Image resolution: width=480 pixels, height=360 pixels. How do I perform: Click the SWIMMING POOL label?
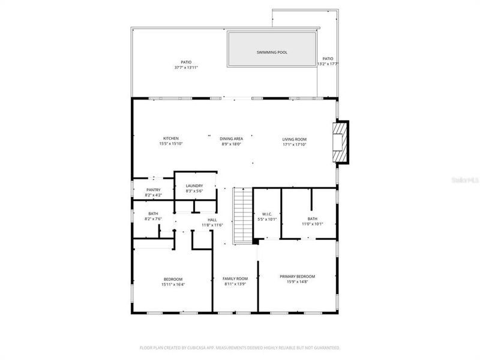pos(272,52)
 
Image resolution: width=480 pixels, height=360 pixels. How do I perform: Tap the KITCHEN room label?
pos(171,139)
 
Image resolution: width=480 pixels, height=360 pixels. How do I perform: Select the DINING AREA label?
pos(231,139)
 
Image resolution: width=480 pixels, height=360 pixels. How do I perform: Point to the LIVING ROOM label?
pos(295,139)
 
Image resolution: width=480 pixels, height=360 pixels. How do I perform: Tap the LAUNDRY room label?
pos(194,186)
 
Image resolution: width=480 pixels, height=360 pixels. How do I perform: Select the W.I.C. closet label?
pos(267,214)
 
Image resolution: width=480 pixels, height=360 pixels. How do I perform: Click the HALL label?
pos(212,220)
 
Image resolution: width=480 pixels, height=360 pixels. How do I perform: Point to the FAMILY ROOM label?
pos(235,278)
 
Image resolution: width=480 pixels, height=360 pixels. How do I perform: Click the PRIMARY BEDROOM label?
pos(297,277)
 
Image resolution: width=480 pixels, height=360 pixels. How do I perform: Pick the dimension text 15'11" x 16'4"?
pos(173,284)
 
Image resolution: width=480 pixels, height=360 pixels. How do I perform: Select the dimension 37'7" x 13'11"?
pos(186,67)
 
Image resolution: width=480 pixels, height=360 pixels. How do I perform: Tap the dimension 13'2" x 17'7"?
pos(328,64)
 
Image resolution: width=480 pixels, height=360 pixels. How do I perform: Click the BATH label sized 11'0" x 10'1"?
pos(313,219)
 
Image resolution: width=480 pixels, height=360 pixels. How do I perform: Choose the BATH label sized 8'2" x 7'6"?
pos(153,214)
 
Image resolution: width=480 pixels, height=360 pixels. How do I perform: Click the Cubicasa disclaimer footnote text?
pos(239,347)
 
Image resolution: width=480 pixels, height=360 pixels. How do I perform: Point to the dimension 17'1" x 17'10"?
pos(295,144)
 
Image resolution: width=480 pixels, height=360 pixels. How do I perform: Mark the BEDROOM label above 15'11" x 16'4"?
pos(173,279)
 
